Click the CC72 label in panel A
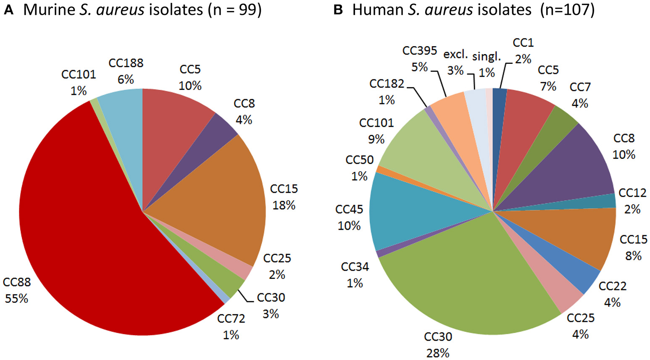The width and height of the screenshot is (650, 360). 231,319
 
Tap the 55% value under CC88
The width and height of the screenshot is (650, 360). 16,299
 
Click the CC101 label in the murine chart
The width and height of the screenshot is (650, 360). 79,74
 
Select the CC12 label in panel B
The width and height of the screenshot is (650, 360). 632,193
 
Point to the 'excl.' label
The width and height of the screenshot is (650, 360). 455,54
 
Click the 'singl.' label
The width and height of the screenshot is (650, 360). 487,56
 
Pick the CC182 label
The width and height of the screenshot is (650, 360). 387,84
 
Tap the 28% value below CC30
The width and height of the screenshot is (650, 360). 438,353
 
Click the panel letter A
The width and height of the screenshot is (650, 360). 8,10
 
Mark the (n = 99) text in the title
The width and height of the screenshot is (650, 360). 234,10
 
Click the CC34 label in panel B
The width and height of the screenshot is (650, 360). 355,267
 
